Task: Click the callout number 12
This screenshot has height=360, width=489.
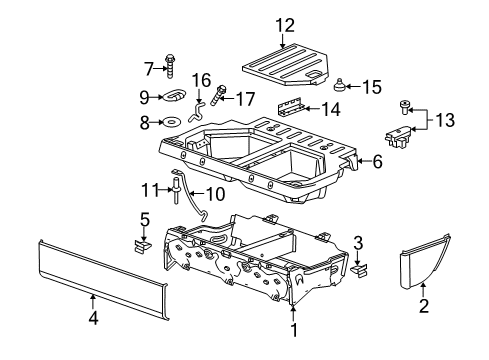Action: (x=286, y=24)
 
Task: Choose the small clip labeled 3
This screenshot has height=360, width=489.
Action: (x=361, y=267)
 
